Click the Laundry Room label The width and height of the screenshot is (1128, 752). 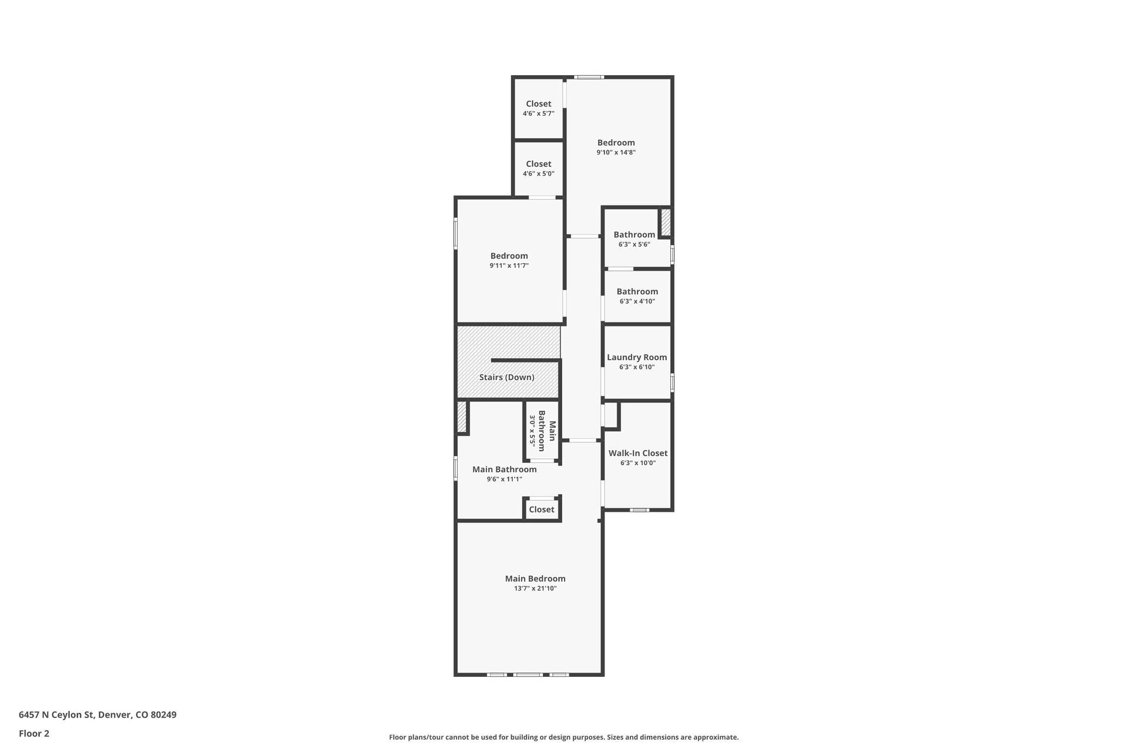637,357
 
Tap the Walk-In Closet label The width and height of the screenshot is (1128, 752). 637,453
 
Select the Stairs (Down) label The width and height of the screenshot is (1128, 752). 506,377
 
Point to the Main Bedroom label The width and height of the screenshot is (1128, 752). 535,579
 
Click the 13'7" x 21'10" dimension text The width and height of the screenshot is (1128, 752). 535,589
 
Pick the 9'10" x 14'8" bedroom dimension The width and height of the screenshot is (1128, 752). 616,153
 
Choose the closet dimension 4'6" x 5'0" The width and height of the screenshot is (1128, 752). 538,174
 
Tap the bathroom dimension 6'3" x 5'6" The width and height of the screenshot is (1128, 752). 634,244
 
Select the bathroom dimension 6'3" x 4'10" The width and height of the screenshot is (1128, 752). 637,301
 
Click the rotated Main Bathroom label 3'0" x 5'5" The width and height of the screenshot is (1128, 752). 542,431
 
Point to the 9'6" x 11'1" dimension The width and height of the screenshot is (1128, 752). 504,479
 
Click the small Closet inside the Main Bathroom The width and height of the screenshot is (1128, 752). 541,509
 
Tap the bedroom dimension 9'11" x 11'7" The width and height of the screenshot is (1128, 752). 509,266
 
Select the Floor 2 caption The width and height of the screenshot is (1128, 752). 34,733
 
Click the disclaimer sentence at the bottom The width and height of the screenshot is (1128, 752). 563,737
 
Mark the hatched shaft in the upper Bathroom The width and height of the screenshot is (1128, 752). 666,221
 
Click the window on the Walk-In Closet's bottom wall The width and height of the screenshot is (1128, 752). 639,510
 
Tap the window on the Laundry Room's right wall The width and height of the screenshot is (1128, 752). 672,382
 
